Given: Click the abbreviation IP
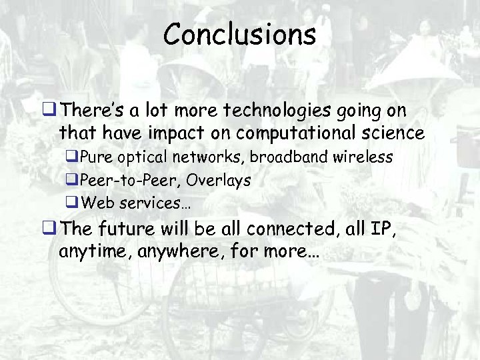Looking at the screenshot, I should click(x=377, y=230).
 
